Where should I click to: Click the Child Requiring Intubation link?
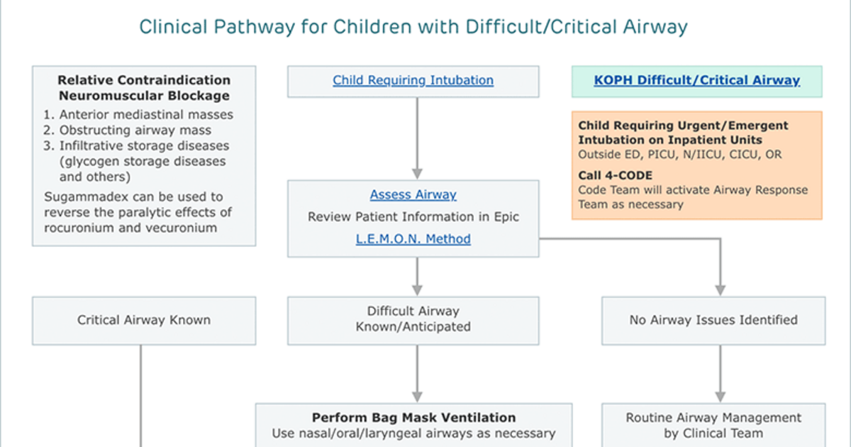click(413, 80)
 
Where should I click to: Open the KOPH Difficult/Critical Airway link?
click(696, 80)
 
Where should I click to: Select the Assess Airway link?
click(413, 194)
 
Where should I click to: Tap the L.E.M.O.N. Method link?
click(413, 238)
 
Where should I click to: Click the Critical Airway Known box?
click(144, 321)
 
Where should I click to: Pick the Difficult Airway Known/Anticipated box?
click(413, 321)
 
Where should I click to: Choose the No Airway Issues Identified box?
click(713, 321)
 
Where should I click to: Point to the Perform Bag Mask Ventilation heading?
click(413, 417)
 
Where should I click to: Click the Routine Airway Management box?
click(713, 425)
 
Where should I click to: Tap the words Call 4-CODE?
click(615, 175)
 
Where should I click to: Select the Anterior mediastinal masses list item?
click(138, 114)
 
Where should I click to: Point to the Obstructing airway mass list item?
click(127, 130)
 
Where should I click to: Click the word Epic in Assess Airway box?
click(506, 216)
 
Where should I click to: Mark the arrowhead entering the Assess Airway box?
click(417, 174)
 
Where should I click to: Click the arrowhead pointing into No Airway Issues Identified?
click(721, 290)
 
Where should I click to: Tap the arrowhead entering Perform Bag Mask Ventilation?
click(417, 397)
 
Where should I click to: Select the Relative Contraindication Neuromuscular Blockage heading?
click(144, 88)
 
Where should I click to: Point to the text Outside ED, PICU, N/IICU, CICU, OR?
click(680, 155)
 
